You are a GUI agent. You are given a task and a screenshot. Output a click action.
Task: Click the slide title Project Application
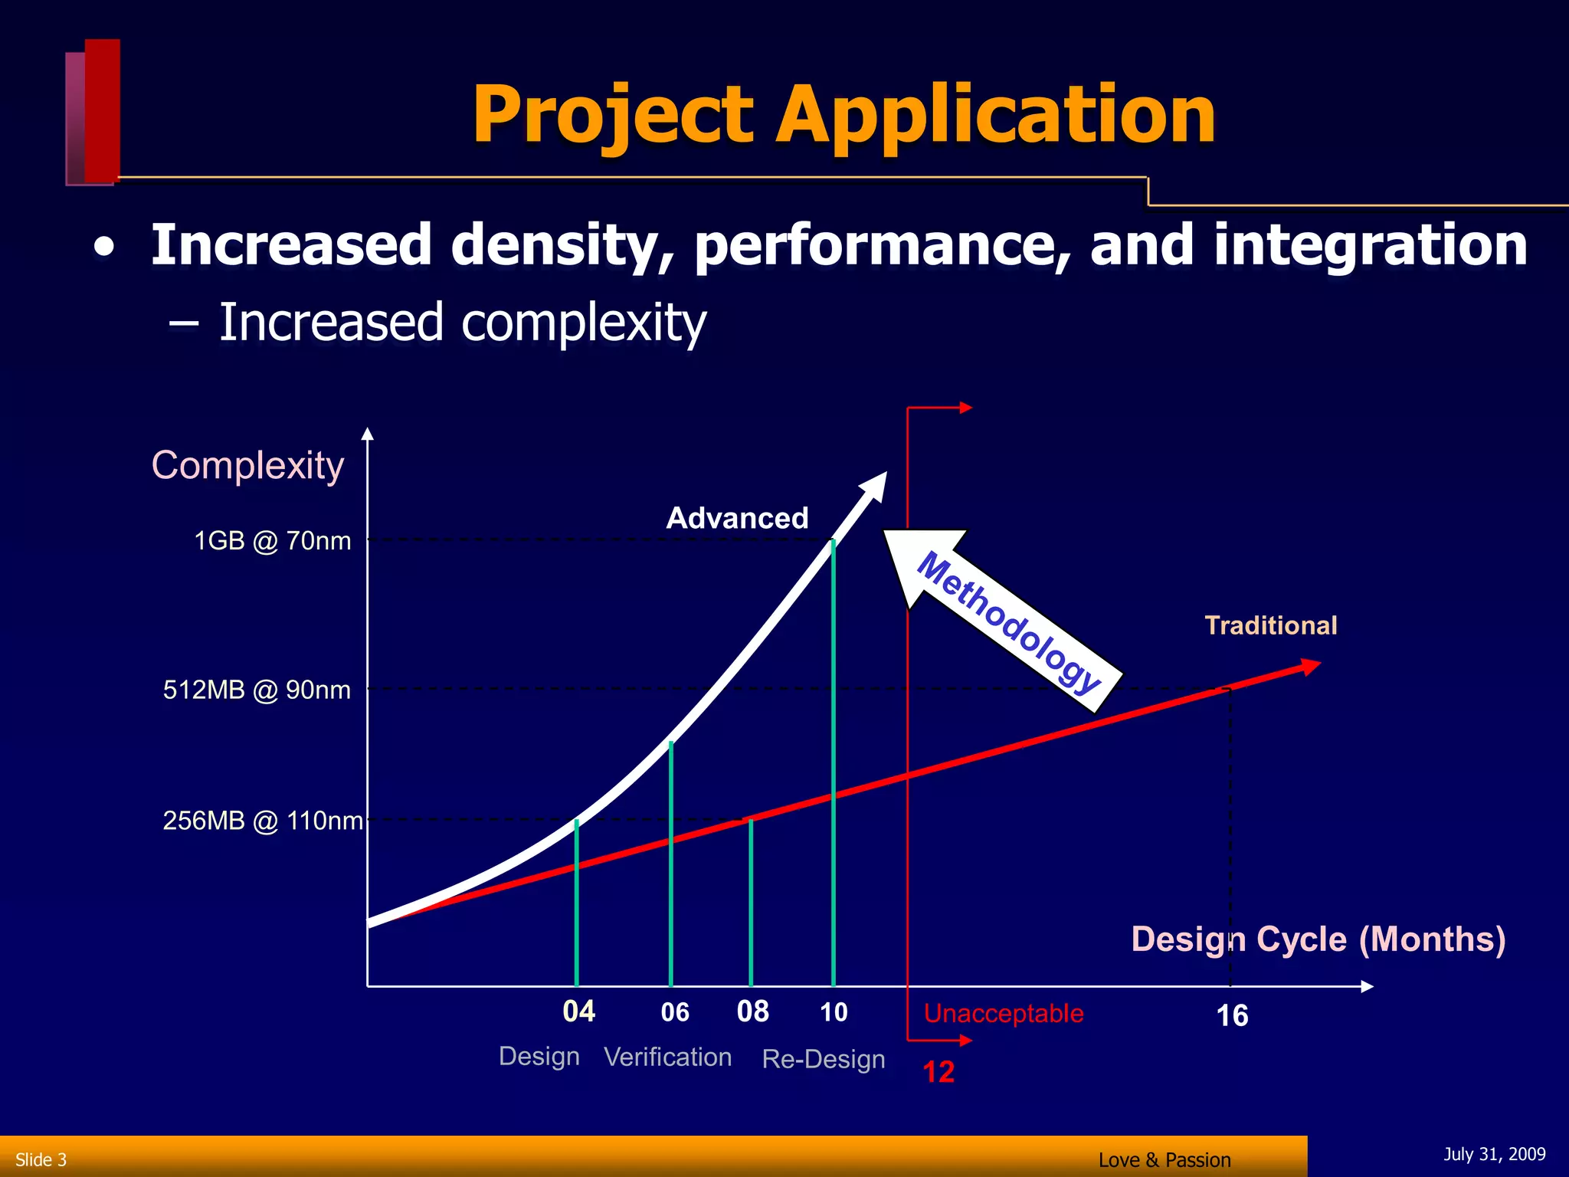[x=843, y=115]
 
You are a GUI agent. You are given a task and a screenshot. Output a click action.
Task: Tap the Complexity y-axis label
[x=247, y=465]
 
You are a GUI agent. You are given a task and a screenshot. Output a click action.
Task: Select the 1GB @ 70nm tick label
[x=272, y=541]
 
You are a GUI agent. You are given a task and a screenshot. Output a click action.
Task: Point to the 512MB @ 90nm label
[x=257, y=690]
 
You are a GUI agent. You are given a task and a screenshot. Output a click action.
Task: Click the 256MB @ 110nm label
[x=262, y=821]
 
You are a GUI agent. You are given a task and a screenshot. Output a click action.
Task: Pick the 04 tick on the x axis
[x=578, y=1011]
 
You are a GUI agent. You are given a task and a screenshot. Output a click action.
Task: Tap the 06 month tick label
[x=675, y=1012]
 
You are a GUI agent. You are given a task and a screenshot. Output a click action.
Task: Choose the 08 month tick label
[x=752, y=1011]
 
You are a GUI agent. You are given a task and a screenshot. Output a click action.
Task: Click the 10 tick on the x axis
[x=834, y=1012]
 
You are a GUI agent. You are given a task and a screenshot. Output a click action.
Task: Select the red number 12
[x=938, y=1072]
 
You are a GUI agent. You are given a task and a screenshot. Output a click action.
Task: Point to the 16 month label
[x=1232, y=1016]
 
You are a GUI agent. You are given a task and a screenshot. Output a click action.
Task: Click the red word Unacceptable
[x=1004, y=1014]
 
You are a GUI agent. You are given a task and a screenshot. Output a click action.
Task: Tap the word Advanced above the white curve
[x=737, y=519]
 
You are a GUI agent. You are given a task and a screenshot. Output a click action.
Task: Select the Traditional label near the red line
[x=1271, y=626]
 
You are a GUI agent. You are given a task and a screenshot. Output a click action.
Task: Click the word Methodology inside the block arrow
[x=1008, y=621]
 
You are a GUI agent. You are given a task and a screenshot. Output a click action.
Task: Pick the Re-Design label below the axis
[x=824, y=1059]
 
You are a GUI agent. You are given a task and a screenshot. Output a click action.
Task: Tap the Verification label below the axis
[x=667, y=1057]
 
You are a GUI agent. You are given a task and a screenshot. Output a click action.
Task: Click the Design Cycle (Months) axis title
[x=1318, y=939]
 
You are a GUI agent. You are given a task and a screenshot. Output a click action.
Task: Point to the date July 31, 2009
[x=1494, y=1154]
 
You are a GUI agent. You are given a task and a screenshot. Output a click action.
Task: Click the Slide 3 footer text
[x=41, y=1159]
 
